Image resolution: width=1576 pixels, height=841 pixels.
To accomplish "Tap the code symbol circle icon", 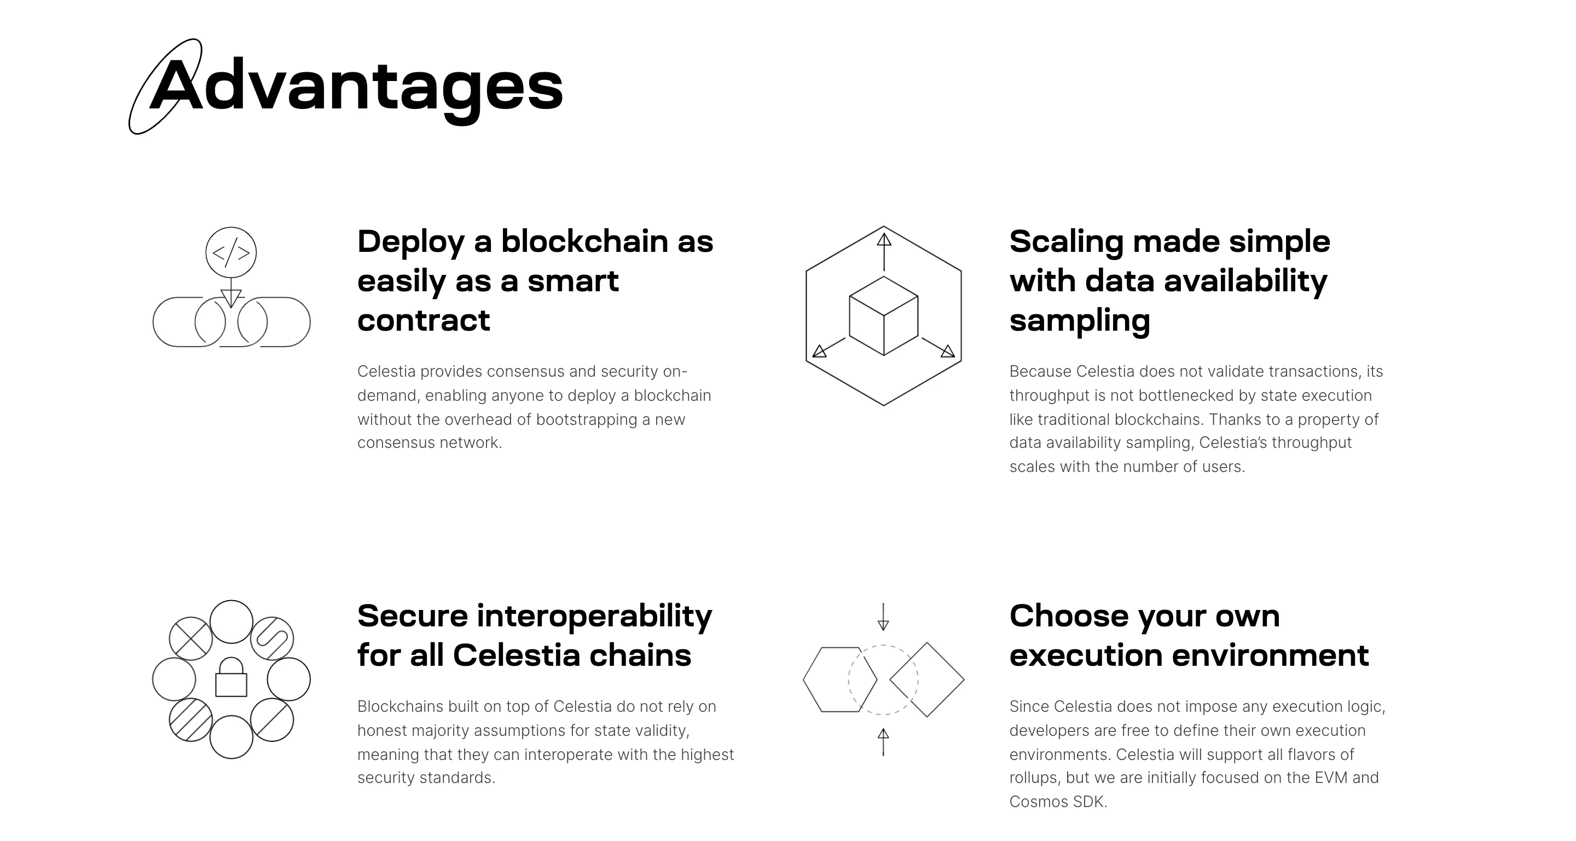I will (230, 252).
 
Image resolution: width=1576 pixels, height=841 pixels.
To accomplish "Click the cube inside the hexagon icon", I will (883, 316).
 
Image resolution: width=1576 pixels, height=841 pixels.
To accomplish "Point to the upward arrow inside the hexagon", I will (883, 251).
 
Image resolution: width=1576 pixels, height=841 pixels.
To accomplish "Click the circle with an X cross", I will (191, 638).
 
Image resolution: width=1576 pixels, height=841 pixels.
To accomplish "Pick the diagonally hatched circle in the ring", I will (191, 720).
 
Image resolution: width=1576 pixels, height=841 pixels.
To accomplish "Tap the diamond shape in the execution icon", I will (927, 679).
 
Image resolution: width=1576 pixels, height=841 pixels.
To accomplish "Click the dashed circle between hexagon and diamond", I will (883, 679).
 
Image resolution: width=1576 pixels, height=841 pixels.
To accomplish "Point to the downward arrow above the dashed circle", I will (883, 617).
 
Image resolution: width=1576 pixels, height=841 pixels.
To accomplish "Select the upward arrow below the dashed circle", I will (883, 741).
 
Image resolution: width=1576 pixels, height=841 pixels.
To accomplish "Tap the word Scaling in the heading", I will (1067, 243).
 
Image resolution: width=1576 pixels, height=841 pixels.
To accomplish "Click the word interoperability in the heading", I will (594, 617).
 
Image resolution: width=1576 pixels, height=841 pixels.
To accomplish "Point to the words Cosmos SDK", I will (1057, 802).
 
